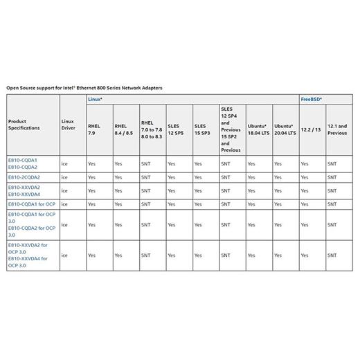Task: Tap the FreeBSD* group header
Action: click(x=311, y=100)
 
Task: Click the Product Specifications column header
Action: click(x=24, y=125)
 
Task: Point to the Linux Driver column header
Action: click(x=68, y=125)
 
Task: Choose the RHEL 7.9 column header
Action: click(x=92, y=129)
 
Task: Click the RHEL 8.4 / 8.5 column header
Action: click(x=123, y=129)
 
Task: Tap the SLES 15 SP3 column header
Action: click(x=203, y=129)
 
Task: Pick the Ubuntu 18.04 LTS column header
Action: click(x=258, y=129)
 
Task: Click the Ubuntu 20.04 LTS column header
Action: click(x=285, y=129)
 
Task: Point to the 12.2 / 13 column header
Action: click(x=310, y=129)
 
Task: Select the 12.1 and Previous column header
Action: click(x=337, y=129)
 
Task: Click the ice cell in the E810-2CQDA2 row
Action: click(x=64, y=177)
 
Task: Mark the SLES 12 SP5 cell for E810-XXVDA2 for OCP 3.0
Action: click(x=172, y=255)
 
